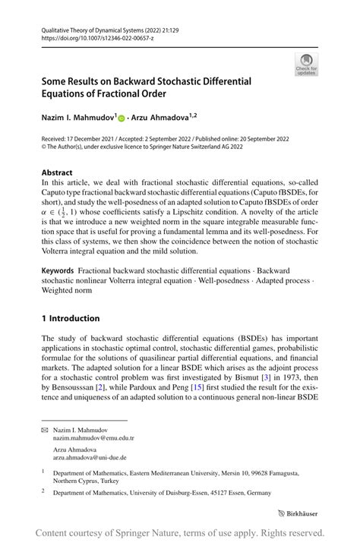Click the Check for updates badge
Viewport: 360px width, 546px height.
pyautogui.click(x=307, y=64)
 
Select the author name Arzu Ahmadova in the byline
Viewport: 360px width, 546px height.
pyautogui.click(x=160, y=117)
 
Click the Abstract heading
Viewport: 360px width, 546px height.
pyautogui.click(x=58, y=172)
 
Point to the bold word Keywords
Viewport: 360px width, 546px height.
pyautogui.click(x=58, y=271)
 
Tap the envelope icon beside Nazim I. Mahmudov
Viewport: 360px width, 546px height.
pyautogui.click(x=46, y=429)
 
